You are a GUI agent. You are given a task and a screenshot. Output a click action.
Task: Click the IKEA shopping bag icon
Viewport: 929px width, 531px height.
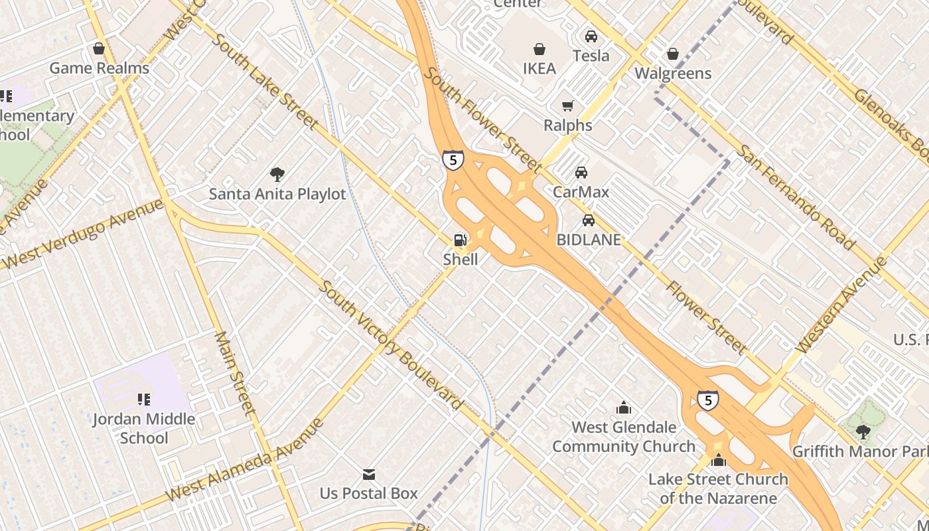[x=539, y=49]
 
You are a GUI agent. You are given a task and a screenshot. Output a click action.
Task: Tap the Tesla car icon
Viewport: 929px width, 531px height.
[x=591, y=37]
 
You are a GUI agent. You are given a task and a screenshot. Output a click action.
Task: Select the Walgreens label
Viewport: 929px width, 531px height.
[x=673, y=73]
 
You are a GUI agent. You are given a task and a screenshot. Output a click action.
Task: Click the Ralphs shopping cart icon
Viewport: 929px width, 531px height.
[x=567, y=106]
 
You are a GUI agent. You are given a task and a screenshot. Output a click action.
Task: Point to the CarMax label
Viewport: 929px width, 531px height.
[x=581, y=192]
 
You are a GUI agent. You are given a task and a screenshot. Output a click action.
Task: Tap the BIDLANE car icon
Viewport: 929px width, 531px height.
[x=588, y=220]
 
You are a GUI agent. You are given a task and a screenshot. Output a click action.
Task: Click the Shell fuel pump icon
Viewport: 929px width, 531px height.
[x=459, y=240]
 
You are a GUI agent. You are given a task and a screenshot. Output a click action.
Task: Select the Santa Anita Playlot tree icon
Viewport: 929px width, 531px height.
[x=277, y=175]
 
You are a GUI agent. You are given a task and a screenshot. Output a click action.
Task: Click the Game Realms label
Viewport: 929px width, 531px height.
[x=100, y=68]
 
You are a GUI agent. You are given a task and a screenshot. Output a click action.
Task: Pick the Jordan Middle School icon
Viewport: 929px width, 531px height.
[x=143, y=400]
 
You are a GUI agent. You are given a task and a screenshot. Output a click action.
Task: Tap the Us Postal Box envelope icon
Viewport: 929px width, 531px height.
[x=369, y=475]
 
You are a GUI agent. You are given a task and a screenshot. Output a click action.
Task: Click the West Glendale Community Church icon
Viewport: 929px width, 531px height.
[x=624, y=408]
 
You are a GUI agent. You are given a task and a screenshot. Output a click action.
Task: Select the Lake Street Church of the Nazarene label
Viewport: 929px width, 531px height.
[x=718, y=488]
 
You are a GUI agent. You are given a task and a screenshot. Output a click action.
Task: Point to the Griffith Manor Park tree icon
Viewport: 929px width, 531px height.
[x=863, y=432]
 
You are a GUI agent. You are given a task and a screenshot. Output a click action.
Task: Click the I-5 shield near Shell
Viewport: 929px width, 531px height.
[x=453, y=160]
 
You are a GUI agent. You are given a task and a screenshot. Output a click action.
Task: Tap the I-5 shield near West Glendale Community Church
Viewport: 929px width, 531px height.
[x=707, y=400]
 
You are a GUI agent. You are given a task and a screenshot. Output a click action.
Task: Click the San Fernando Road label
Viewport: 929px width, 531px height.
[x=796, y=197]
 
